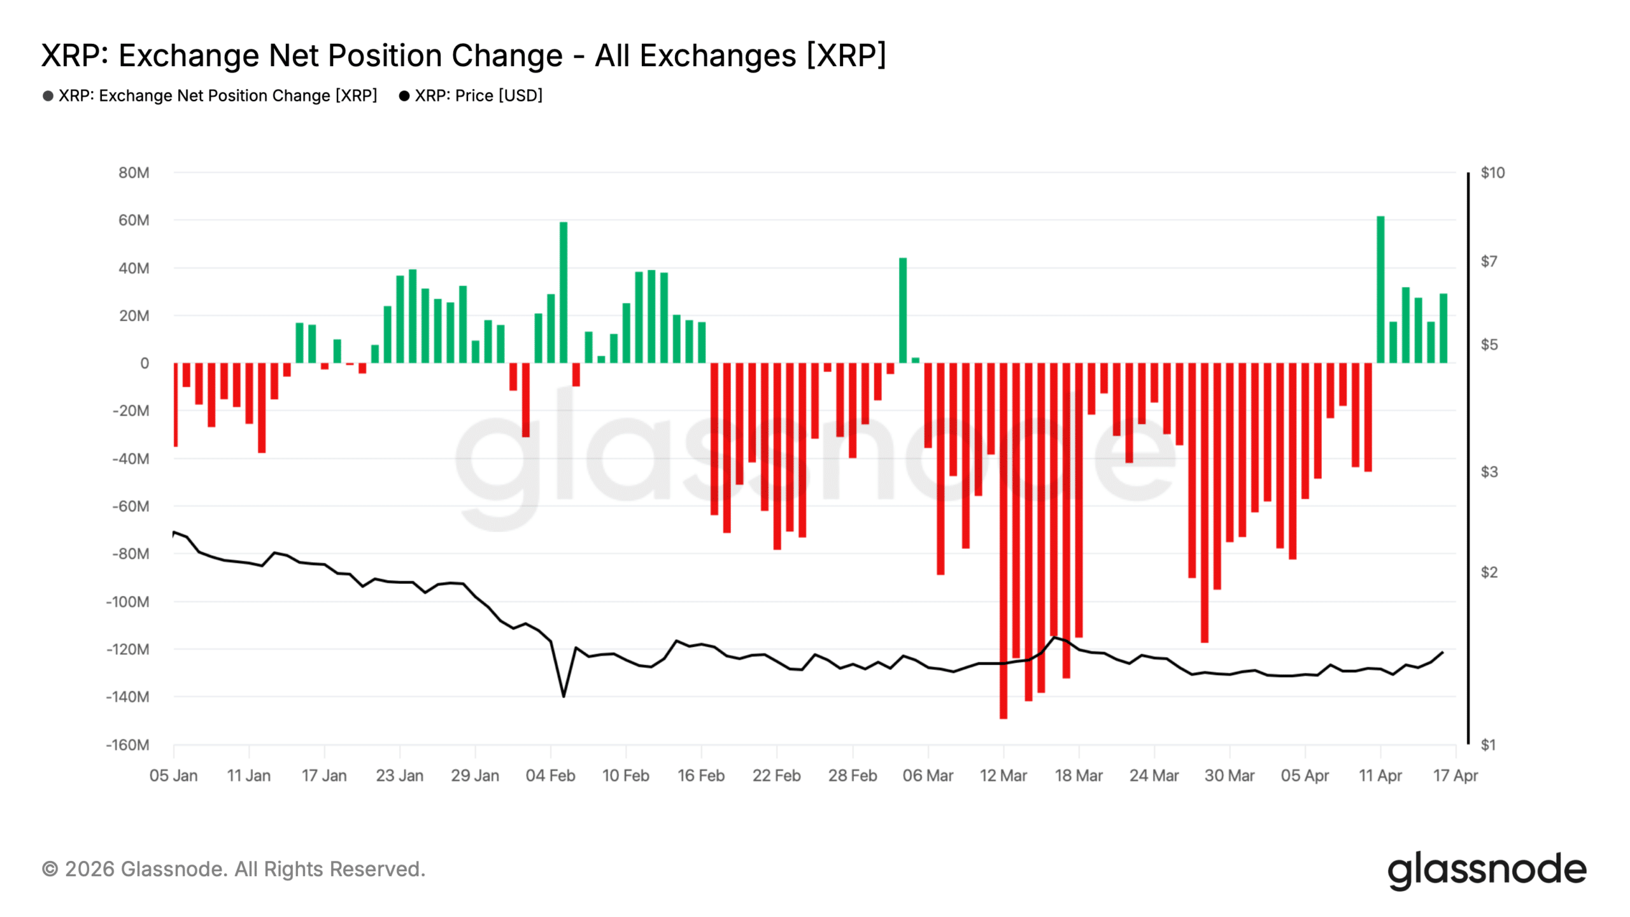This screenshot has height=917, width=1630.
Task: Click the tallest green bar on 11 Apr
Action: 1380,290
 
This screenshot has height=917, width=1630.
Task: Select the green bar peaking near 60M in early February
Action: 563,293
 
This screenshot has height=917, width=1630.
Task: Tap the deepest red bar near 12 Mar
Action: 1003,541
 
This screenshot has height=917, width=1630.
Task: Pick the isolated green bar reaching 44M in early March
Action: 903,310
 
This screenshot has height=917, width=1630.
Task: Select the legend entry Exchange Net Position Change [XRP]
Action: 217,96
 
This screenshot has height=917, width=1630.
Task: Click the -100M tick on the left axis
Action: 128,602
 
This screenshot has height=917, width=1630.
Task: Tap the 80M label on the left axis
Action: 134,173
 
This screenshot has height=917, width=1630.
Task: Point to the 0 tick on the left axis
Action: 145,363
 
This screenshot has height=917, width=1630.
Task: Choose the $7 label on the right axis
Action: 1489,261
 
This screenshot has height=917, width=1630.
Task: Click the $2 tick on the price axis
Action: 1489,572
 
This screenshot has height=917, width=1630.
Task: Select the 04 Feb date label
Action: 550,776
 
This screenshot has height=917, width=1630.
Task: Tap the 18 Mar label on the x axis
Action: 1079,776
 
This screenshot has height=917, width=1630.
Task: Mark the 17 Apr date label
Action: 1455,776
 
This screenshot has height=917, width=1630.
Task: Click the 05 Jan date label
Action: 173,776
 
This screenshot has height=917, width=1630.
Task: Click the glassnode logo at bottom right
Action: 1487,870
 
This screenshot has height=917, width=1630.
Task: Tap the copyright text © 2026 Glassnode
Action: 233,869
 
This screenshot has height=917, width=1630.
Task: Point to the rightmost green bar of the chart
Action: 1443,329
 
